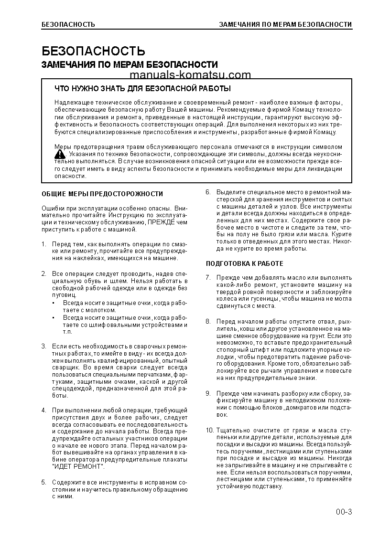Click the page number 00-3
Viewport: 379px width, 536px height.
(x=343, y=513)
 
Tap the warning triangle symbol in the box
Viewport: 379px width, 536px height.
(x=60, y=154)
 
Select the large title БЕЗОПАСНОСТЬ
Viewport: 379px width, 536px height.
(x=93, y=51)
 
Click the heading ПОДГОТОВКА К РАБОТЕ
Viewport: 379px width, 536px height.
(x=244, y=263)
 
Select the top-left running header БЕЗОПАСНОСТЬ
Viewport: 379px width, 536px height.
(x=68, y=24)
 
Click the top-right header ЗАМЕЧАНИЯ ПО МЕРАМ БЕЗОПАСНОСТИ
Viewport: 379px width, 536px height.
(x=285, y=24)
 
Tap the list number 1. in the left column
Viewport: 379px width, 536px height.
(x=43, y=244)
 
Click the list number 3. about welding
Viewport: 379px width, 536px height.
(x=43, y=346)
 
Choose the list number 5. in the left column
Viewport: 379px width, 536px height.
(x=43, y=483)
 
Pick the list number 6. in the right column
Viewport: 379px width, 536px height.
(x=208, y=192)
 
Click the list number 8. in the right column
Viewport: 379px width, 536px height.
(x=208, y=321)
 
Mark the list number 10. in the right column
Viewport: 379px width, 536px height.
(x=209, y=430)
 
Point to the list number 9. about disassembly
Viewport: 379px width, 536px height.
(x=208, y=393)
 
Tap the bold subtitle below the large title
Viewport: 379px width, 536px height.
(x=130, y=64)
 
